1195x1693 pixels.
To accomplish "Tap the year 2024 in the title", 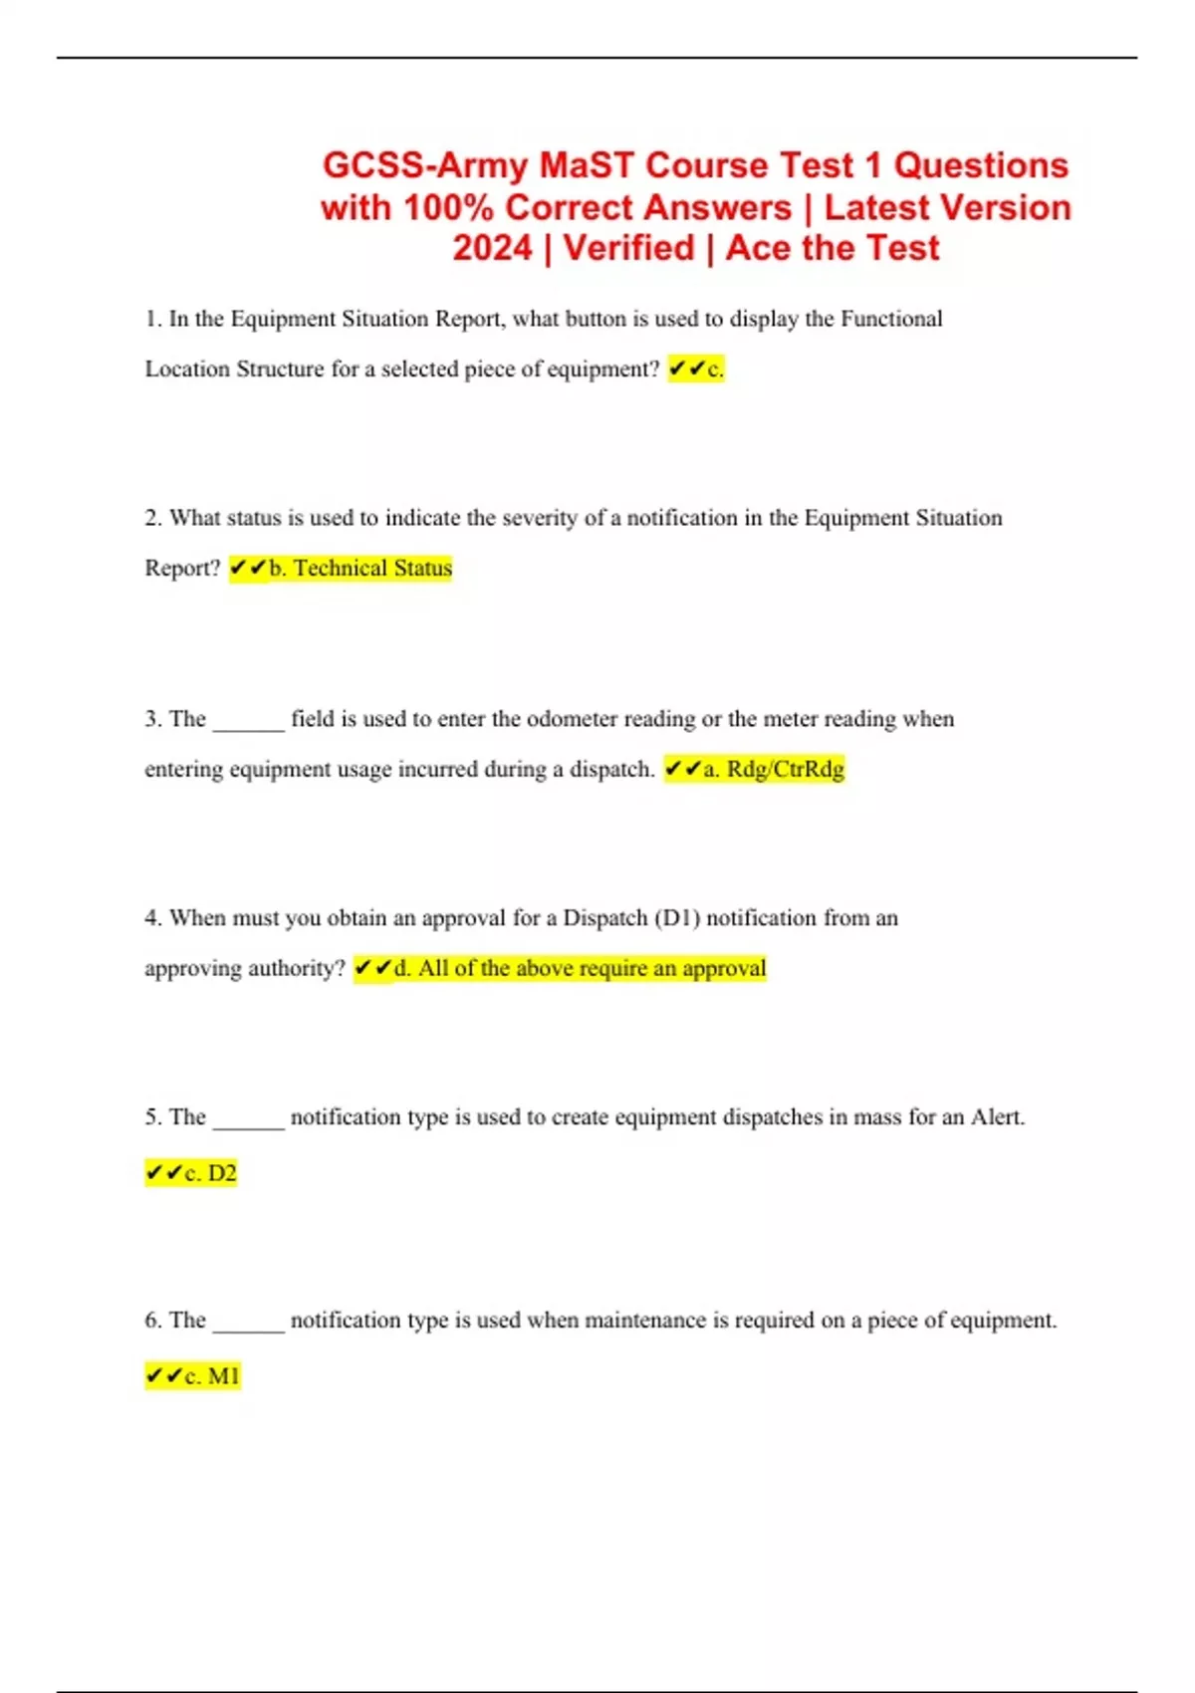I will [x=492, y=248].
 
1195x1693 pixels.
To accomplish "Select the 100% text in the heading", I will [x=448, y=207].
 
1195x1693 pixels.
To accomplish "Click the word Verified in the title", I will [x=628, y=248].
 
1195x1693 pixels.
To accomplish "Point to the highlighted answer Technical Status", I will [x=372, y=569].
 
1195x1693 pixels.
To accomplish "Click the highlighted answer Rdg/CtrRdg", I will [x=786, y=769].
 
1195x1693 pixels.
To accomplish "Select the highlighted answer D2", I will [x=221, y=1173].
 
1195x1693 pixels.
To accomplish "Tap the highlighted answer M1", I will [x=223, y=1376].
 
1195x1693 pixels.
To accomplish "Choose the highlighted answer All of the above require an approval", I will [x=592, y=968].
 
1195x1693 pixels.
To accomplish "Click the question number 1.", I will [x=152, y=319].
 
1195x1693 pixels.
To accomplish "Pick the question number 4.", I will [x=152, y=917].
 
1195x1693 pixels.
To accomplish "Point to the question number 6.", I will [x=152, y=1320].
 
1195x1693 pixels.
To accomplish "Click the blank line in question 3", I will [x=249, y=725].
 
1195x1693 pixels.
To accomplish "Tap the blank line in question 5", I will [x=249, y=1123].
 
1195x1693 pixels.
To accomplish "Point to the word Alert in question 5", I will [x=996, y=1117].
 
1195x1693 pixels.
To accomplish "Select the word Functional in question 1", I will [x=891, y=319].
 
